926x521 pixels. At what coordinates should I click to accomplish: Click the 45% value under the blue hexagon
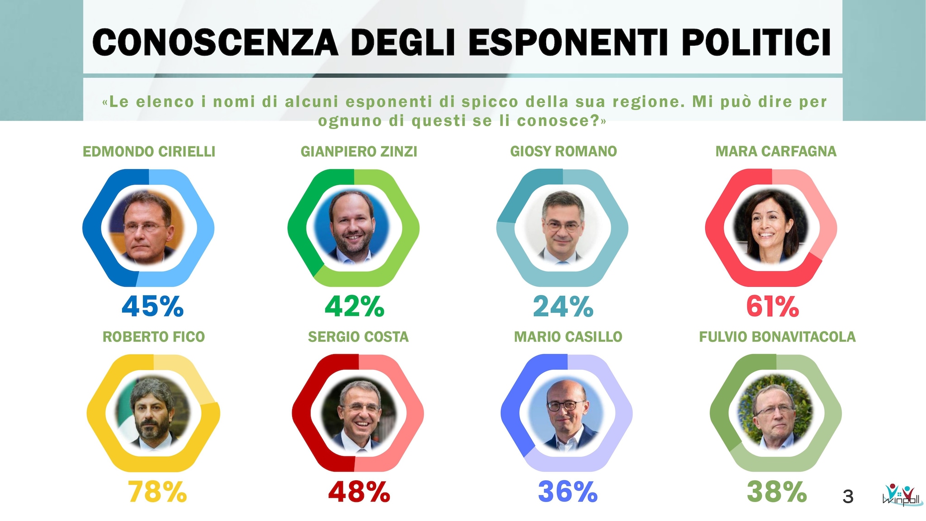152,306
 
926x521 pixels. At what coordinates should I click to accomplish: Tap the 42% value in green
354,306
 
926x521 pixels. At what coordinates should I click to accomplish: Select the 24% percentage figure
563,306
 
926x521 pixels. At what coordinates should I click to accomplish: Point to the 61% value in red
772,306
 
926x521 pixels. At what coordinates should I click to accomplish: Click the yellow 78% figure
157,492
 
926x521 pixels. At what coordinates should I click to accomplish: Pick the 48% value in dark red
359,492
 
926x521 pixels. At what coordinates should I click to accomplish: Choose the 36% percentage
567,492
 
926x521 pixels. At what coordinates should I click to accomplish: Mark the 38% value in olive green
776,492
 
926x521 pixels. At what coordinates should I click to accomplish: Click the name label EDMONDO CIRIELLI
149,152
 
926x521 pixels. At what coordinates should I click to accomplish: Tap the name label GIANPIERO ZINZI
359,152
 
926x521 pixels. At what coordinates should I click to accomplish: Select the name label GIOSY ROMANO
563,152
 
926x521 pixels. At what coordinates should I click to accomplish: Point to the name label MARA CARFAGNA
776,152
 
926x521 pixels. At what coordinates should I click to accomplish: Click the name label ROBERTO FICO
154,337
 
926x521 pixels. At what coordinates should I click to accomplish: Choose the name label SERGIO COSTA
358,337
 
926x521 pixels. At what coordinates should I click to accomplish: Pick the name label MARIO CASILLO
568,337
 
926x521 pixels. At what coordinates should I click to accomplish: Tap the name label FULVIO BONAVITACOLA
777,337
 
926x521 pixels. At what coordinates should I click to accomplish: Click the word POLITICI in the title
756,43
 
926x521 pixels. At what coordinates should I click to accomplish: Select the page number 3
848,497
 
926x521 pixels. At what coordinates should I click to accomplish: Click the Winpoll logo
901,495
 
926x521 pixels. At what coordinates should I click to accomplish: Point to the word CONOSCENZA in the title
215,43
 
